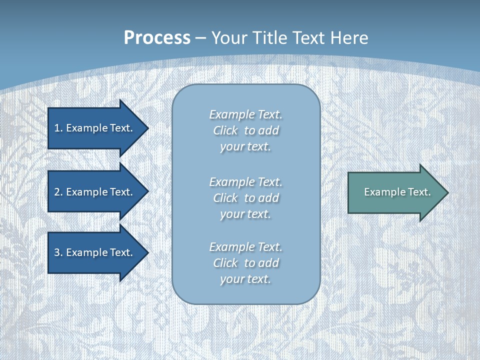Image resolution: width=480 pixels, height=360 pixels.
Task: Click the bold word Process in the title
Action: coord(157,38)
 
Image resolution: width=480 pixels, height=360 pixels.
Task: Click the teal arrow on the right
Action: coord(395,192)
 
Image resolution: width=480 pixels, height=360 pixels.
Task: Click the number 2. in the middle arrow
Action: coord(58,192)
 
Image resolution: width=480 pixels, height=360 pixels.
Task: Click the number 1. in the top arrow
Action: coord(58,128)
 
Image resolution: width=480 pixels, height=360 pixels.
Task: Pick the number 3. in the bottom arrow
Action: coord(58,252)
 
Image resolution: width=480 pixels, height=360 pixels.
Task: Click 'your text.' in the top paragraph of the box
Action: coord(245,147)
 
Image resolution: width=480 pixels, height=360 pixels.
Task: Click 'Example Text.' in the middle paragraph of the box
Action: coord(245,182)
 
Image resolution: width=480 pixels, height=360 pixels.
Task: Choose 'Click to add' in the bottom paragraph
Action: coord(245,263)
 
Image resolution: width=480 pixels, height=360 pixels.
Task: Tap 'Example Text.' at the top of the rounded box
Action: coord(245,115)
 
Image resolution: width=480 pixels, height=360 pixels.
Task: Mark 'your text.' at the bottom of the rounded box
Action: coord(245,279)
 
